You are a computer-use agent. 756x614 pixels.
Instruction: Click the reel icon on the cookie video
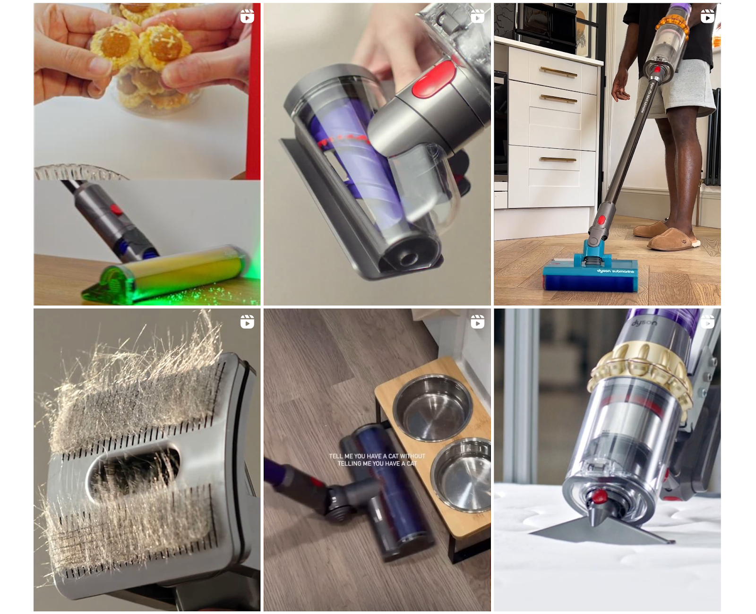(247, 17)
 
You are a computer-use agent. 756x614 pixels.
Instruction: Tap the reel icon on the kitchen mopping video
(707, 17)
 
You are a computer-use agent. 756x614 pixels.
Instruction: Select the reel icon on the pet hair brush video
(247, 322)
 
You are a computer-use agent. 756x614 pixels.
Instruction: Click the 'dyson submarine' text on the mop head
(615, 271)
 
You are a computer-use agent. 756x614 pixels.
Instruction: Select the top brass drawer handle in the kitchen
(558, 72)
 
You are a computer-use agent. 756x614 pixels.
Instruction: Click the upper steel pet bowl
(432, 407)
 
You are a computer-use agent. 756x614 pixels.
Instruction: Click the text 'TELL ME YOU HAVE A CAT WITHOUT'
(377, 456)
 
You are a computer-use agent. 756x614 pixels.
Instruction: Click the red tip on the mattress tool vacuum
(599, 496)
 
